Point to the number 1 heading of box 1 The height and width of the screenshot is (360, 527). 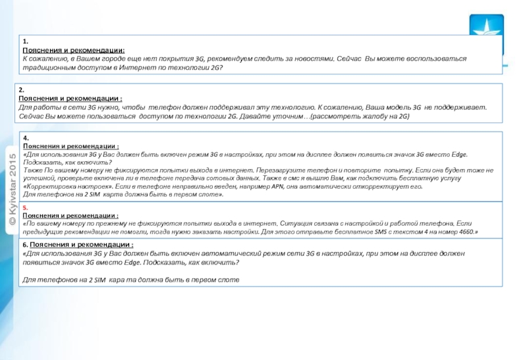[x=24, y=41]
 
